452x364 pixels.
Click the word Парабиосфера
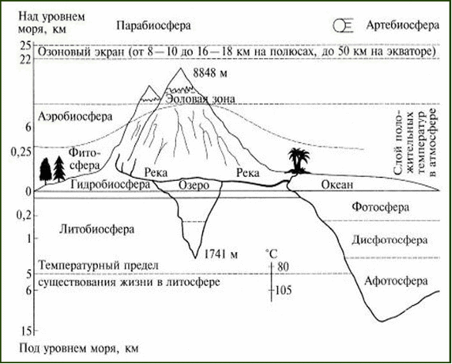[x=153, y=26]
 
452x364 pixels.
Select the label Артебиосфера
[x=403, y=26]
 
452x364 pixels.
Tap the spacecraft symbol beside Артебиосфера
[x=343, y=26]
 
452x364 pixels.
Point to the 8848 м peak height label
[x=210, y=73]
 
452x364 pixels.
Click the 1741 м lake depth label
[x=221, y=254]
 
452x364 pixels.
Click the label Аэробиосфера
[x=75, y=117]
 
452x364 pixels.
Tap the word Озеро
[x=194, y=185]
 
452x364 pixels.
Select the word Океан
[x=337, y=185]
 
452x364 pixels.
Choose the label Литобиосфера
[x=97, y=230]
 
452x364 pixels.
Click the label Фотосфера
[x=380, y=207]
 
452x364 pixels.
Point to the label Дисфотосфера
[x=390, y=240]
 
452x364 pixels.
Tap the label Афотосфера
[x=396, y=281]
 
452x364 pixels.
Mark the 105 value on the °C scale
[x=283, y=290]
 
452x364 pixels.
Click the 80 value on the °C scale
[x=282, y=267]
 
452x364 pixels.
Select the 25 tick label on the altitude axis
[x=25, y=45]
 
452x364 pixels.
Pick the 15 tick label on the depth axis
[x=25, y=332]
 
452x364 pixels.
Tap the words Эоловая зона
[x=200, y=99]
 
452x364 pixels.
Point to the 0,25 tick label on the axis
[x=21, y=152]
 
